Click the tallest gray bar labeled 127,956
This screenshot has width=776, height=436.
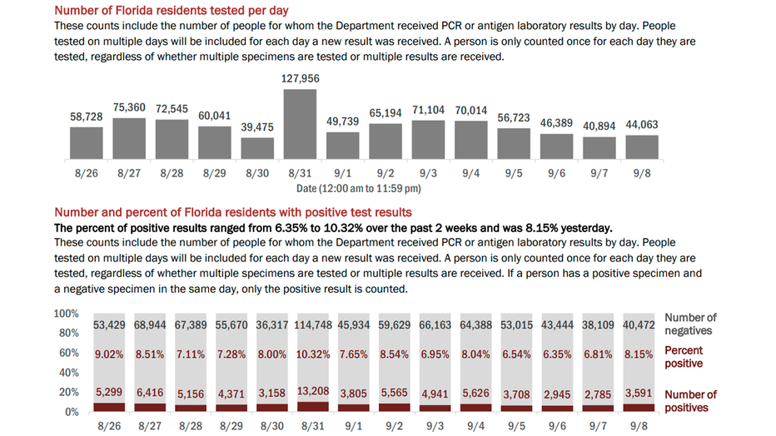301,123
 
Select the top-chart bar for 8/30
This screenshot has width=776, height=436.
257,148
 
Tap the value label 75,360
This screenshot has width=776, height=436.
129,107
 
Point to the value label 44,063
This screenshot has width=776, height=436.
642,125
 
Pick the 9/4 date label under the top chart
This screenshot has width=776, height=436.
471,173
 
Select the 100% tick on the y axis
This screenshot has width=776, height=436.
66,314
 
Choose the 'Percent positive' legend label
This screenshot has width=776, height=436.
683,357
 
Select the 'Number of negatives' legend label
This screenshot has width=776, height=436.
689,324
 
